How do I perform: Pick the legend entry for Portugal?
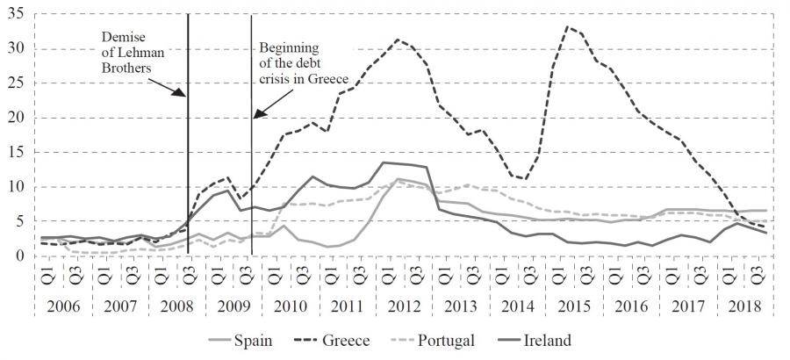(453, 340)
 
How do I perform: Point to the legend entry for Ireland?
(551, 340)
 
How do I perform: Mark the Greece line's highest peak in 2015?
(568, 27)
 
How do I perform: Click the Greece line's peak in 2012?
(399, 40)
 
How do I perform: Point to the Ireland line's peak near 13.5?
(384, 162)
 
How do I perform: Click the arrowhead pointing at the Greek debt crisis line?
(255, 117)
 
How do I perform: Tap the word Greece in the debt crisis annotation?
(327, 78)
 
